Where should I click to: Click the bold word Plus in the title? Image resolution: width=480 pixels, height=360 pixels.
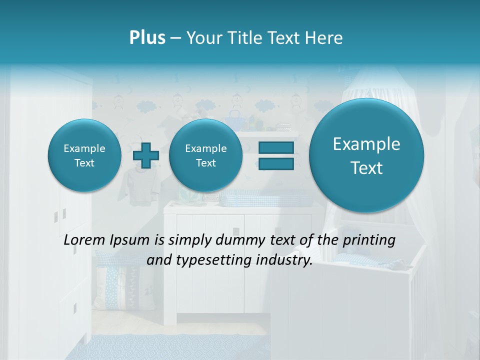(x=147, y=38)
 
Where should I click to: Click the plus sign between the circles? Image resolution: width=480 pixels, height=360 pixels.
(x=146, y=155)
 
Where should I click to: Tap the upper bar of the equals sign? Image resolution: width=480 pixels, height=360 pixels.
(x=276, y=147)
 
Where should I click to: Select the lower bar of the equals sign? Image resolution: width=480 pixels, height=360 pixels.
(x=276, y=163)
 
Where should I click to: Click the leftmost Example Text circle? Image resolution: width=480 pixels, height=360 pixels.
(x=84, y=155)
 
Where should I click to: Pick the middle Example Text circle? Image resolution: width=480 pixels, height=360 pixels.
(x=205, y=155)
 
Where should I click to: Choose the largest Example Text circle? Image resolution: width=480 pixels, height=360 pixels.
(x=366, y=155)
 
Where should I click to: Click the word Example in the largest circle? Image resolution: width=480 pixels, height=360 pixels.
(x=366, y=144)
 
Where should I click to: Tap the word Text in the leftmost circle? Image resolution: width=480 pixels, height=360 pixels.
(x=84, y=163)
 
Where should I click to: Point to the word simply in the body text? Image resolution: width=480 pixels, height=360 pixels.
(x=187, y=240)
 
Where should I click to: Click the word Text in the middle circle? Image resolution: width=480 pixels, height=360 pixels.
(x=205, y=163)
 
